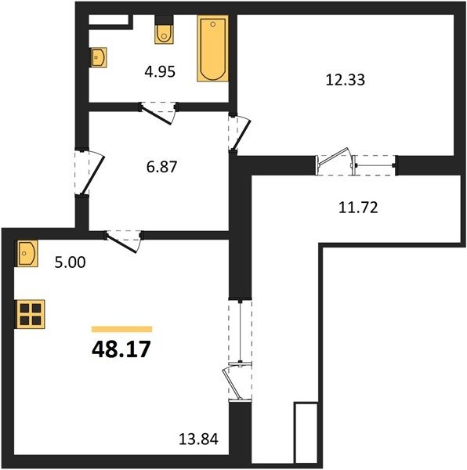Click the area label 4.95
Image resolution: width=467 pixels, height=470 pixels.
tap(160, 72)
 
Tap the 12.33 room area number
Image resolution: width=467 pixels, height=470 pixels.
tap(346, 80)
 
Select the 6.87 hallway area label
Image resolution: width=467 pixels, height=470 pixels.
tap(162, 167)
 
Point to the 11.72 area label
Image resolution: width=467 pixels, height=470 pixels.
tap(358, 208)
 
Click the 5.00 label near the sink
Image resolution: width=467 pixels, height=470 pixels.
tap(71, 262)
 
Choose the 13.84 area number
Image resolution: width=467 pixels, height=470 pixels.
tap(198, 439)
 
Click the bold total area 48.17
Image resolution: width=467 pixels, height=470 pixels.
tap(121, 349)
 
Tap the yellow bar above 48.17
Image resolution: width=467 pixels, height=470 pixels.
tap(121, 329)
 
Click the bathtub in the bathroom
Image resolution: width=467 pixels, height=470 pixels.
tap(212, 49)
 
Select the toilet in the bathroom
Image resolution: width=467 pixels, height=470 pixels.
tap(164, 30)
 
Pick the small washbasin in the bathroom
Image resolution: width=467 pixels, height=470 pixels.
tap(98, 57)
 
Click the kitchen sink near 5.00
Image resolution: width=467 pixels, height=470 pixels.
tap(27, 253)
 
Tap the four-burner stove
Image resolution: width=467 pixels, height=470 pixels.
tap(31, 314)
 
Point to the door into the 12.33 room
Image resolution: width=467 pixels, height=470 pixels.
tap(239, 133)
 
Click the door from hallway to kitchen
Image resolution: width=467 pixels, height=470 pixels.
tap(123, 241)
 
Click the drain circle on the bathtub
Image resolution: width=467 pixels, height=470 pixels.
tap(213, 24)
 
